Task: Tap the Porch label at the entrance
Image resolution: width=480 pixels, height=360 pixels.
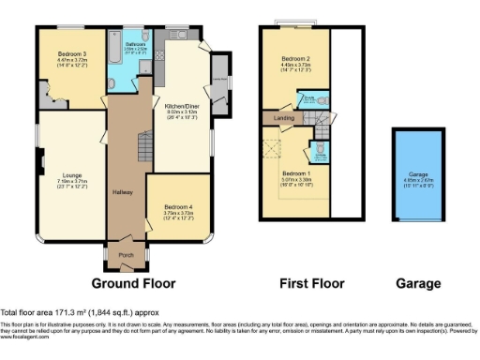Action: pos(124,253)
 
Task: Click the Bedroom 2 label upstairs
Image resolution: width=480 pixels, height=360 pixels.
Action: pos(295,58)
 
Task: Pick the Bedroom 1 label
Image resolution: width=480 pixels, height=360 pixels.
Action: pos(295,173)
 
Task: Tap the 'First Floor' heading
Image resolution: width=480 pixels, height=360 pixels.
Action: pos(310,282)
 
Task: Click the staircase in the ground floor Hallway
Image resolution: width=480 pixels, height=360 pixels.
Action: pos(143,146)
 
